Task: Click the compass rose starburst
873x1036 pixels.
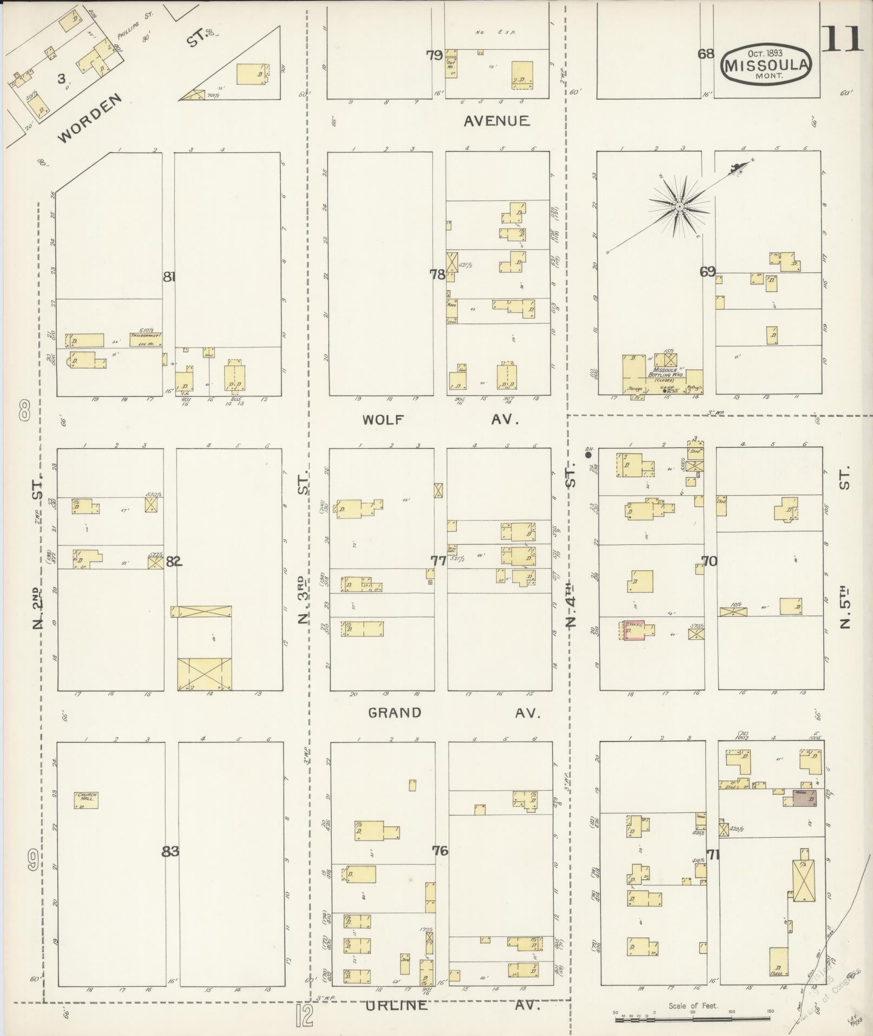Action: tap(678, 206)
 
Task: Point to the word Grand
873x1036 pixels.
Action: tap(395, 713)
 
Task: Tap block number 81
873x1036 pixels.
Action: tap(169, 277)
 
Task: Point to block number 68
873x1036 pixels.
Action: tap(706, 54)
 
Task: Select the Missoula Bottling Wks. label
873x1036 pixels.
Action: tap(666, 373)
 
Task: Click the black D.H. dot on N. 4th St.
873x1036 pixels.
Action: tap(588, 455)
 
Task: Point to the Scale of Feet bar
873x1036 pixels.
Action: tap(693, 1019)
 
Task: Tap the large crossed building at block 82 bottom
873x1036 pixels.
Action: tap(204, 674)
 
